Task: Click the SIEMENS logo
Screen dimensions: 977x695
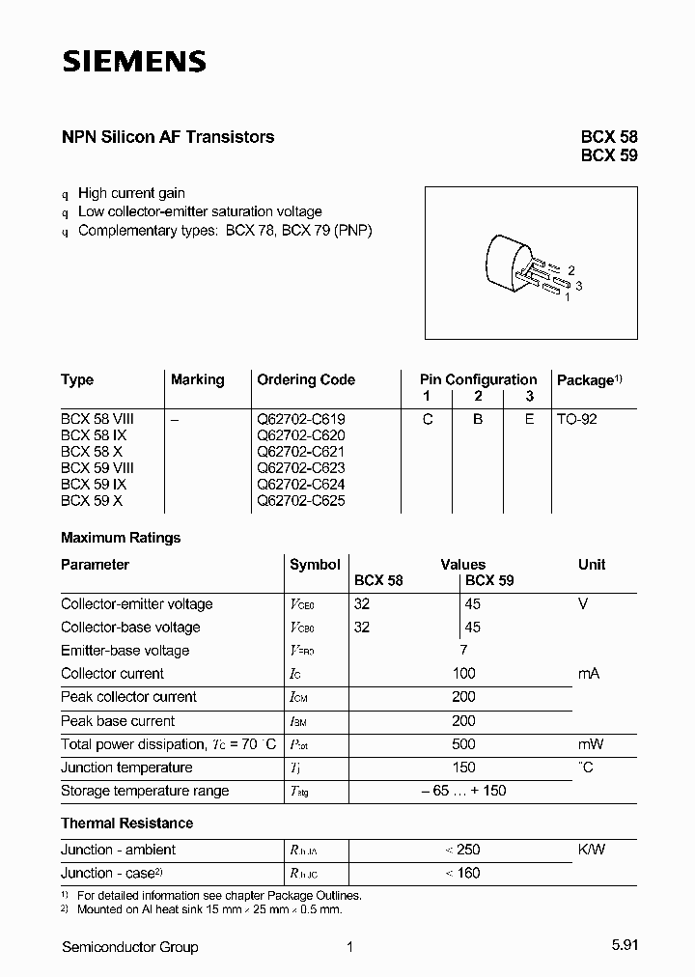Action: coord(134,62)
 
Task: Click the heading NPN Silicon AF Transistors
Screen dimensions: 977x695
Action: coord(167,137)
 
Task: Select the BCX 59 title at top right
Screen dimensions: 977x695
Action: coord(608,155)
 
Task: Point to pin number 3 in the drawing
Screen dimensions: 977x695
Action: coord(578,285)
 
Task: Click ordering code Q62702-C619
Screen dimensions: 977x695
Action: coord(300,419)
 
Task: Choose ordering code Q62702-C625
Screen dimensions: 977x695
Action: coord(300,501)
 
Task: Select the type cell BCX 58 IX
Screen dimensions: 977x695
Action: coord(94,435)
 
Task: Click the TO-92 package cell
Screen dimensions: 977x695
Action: coord(576,419)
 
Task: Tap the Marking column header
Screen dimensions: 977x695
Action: coord(197,379)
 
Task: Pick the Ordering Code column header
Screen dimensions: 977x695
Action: coord(305,379)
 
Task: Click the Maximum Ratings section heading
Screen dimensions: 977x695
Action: coord(121,538)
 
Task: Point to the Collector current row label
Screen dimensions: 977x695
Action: coord(112,673)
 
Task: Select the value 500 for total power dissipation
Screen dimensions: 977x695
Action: coord(463,744)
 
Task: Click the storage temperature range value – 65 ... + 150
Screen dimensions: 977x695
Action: coord(463,791)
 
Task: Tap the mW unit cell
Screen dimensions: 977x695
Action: coord(590,744)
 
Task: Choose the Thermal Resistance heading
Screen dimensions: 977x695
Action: coord(126,823)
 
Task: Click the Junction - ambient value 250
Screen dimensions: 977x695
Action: coord(464,850)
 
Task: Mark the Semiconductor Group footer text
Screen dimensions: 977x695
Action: coord(129,947)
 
